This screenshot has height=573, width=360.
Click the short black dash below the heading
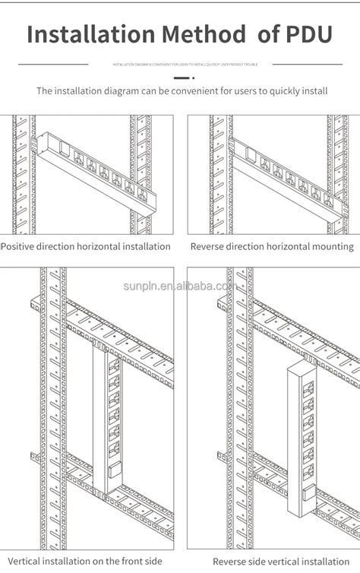(x=180, y=78)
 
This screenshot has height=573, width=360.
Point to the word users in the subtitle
(x=246, y=91)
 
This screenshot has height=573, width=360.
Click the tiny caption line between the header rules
(x=180, y=65)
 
